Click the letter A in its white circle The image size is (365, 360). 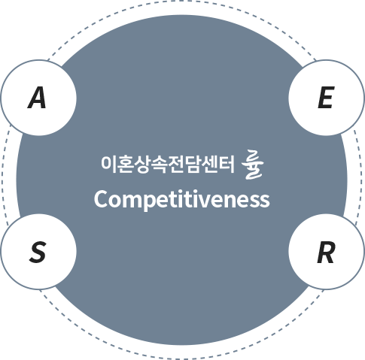point(37,98)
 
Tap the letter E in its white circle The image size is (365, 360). point(326,98)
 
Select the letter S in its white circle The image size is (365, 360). point(38,252)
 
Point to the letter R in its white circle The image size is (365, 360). point(326,252)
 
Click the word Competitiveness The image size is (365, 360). point(182,200)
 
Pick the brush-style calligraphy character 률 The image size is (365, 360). point(252,165)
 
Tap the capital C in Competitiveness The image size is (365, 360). point(102,199)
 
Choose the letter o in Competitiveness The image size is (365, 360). point(116,201)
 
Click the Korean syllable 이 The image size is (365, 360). point(108,164)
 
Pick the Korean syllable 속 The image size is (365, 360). point(159,165)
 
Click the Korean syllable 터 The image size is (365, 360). point(227,164)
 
